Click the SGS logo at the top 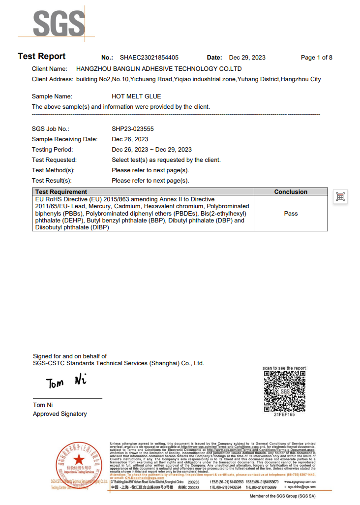tap(59, 23)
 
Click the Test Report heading tap(41, 56)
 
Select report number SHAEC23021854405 tap(149, 58)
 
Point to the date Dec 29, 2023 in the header tap(247, 58)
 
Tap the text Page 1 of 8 tap(316, 58)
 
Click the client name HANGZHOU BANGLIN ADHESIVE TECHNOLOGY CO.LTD tap(159, 69)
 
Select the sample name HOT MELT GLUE tap(136, 96)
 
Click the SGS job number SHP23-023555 tap(133, 129)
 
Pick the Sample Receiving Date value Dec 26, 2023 tap(130, 139)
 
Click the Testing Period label tap(52, 150)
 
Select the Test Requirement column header tap(61, 191)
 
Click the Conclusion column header tap(291, 191)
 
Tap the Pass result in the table tap(291, 214)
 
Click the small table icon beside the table tap(340, 197)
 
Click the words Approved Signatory tap(60, 414)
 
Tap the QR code tap(284, 391)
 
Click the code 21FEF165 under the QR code tap(284, 414)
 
